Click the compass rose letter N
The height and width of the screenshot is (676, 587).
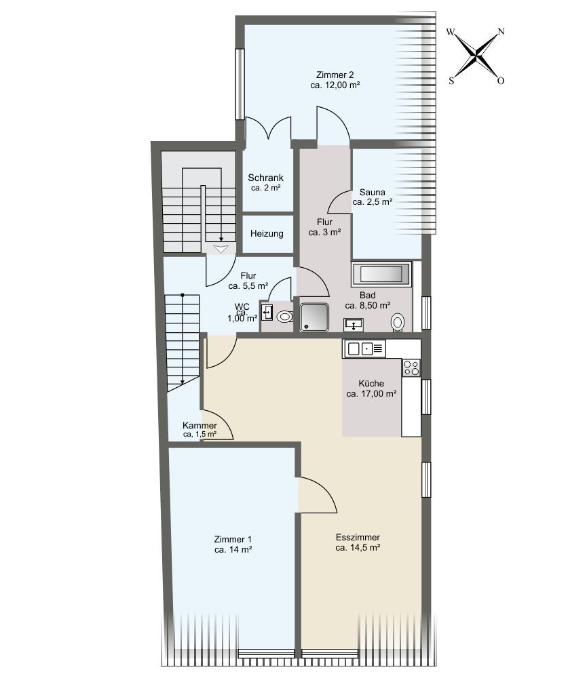[501, 31]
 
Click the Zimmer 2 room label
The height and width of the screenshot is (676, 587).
[335, 80]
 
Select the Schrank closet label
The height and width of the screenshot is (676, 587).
[265, 182]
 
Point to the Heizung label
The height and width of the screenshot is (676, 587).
[267, 234]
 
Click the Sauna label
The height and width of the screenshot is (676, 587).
[372, 197]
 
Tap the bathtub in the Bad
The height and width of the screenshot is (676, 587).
[381, 274]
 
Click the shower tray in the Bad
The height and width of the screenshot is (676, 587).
[314, 317]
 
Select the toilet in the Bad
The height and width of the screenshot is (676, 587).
[398, 323]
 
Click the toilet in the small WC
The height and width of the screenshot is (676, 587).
[284, 317]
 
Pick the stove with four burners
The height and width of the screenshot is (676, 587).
[411, 367]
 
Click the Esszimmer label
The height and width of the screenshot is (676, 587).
[358, 542]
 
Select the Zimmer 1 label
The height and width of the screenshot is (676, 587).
[233, 544]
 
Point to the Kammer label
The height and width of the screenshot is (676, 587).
[200, 429]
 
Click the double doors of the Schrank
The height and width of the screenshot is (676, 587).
[268, 128]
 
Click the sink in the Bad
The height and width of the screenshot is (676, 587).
[354, 325]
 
